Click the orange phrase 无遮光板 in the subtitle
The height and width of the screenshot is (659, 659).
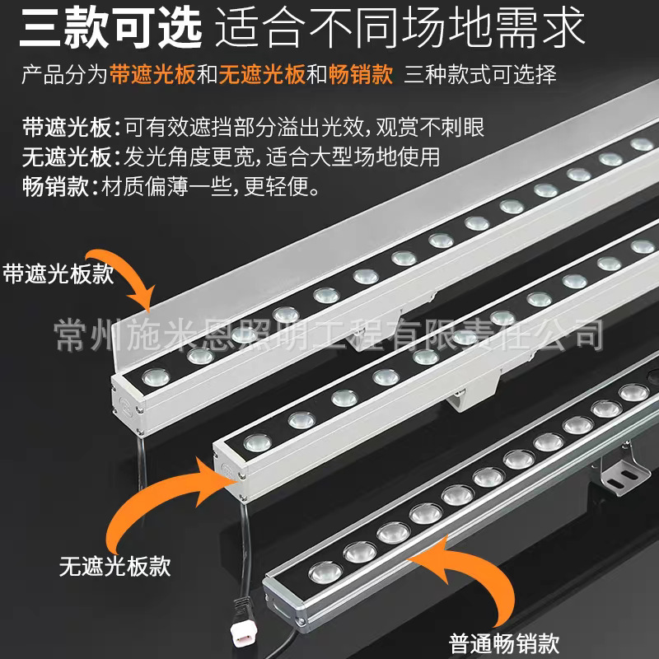[x=252, y=76]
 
